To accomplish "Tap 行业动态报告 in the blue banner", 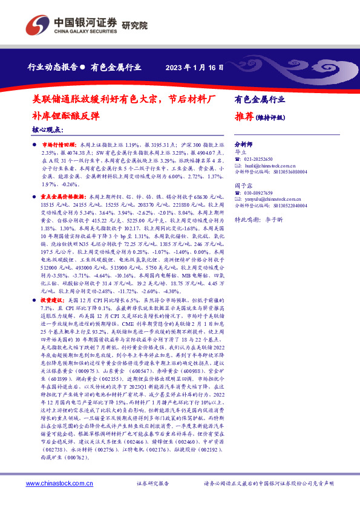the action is point(53,67).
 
